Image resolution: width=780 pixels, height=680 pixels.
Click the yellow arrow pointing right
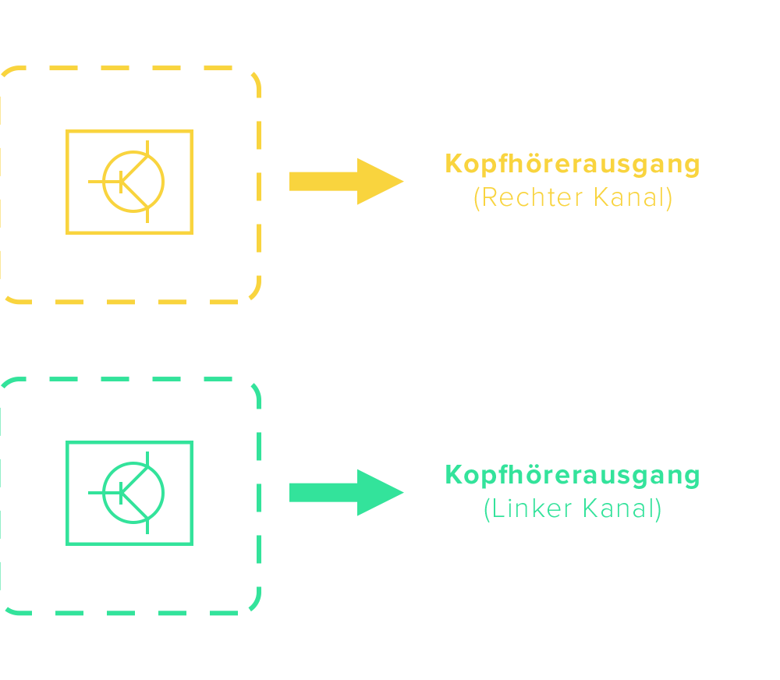(343, 181)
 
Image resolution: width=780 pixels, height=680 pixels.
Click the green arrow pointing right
(343, 492)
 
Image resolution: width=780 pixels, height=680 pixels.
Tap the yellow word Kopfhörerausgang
(573, 165)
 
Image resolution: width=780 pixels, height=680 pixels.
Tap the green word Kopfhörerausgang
(573, 475)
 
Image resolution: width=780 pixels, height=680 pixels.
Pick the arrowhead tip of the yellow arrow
(402, 181)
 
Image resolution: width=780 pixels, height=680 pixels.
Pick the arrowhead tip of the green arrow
(402, 492)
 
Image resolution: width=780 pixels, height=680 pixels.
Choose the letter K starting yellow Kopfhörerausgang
(453, 165)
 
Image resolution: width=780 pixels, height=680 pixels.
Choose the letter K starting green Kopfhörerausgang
(453, 475)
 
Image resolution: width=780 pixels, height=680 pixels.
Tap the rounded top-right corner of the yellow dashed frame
(253, 79)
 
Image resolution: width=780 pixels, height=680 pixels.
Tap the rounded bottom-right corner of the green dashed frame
(253, 605)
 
